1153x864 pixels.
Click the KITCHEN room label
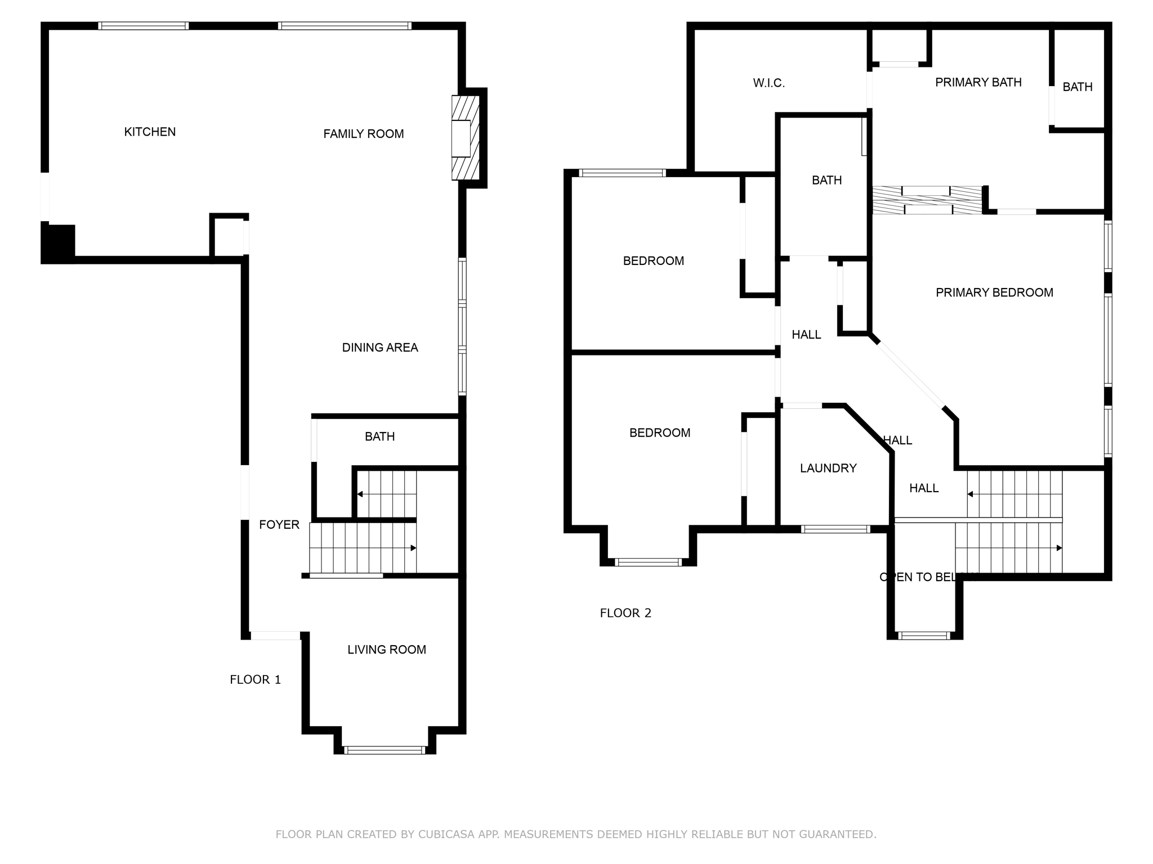(x=150, y=132)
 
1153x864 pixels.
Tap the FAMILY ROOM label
(x=363, y=134)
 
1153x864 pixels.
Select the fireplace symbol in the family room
(x=464, y=138)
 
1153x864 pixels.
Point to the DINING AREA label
(x=380, y=348)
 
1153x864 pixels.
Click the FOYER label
(x=279, y=525)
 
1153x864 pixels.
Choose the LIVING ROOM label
(x=386, y=650)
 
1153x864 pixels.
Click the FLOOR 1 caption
(x=255, y=679)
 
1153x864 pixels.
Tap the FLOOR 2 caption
(x=625, y=613)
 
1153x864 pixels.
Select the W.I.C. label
(x=768, y=83)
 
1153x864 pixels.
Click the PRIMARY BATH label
(x=978, y=83)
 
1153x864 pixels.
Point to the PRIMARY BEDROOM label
(x=994, y=292)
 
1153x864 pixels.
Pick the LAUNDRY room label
(x=828, y=468)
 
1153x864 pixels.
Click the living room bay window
(x=385, y=750)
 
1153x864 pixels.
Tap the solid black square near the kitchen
(x=58, y=243)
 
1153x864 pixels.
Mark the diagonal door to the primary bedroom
(x=910, y=375)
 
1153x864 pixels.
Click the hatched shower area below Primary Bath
(x=927, y=200)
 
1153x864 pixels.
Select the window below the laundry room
(x=835, y=529)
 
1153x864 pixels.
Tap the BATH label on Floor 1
(x=379, y=436)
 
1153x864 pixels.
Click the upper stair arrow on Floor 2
(x=971, y=494)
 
